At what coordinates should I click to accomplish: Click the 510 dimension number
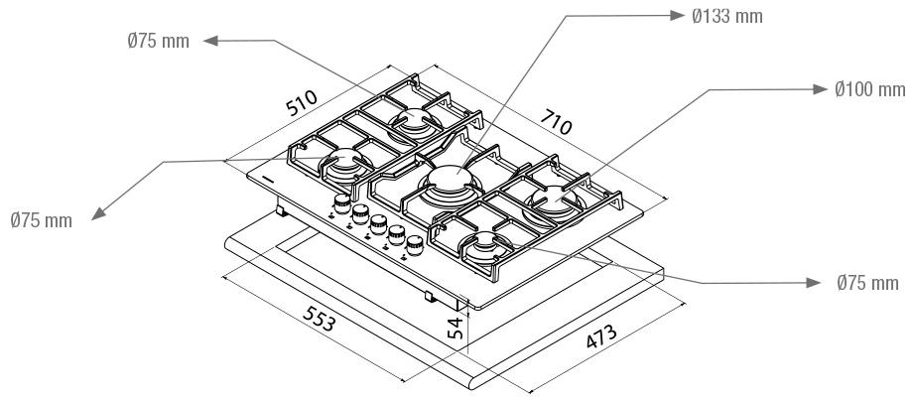point(302,102)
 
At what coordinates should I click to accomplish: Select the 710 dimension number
point(556,121)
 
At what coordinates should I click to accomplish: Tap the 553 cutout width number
point(320,319)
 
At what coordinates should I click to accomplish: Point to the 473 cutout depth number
point(601,336)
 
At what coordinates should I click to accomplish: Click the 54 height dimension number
point(456,328)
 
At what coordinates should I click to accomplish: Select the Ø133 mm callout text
point(727,16)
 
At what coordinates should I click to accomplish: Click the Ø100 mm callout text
point(870,89)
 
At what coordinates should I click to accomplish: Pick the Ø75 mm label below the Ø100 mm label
point(867,283)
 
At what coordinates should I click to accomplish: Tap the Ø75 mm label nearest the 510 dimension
point(159,42)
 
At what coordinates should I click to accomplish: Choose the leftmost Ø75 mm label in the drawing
point(41,220)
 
